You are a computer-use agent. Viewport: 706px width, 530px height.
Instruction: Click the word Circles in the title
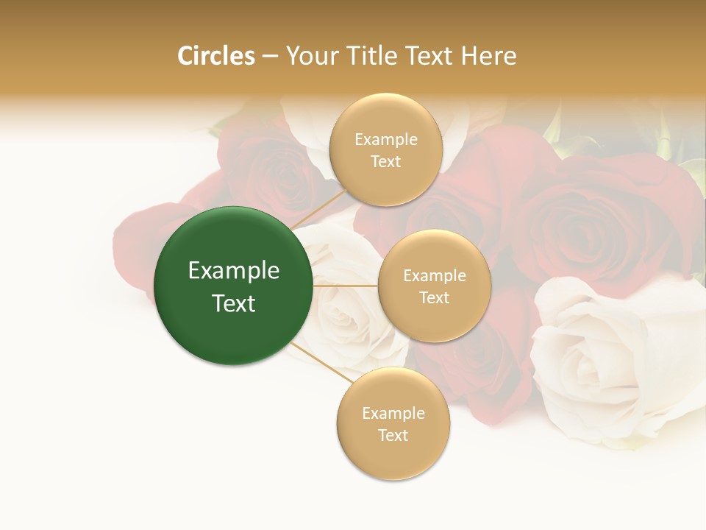[x=215, y=56]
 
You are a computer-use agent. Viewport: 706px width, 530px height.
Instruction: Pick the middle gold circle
[x=434, y=320]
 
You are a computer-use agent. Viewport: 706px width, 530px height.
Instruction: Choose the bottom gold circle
[x=393, y=456]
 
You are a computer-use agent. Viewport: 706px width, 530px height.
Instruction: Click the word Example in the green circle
[x=233, y=271]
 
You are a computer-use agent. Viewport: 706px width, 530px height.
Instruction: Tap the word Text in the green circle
[x=233, y=303]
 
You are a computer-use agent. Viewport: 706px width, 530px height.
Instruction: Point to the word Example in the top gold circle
[x=385, y=140]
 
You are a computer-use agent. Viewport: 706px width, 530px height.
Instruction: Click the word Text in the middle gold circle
[x=434, y=298]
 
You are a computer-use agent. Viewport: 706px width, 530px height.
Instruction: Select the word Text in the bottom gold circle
[x=393, y=436]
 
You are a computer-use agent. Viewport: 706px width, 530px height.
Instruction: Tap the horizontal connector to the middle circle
[x=345, y=286]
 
